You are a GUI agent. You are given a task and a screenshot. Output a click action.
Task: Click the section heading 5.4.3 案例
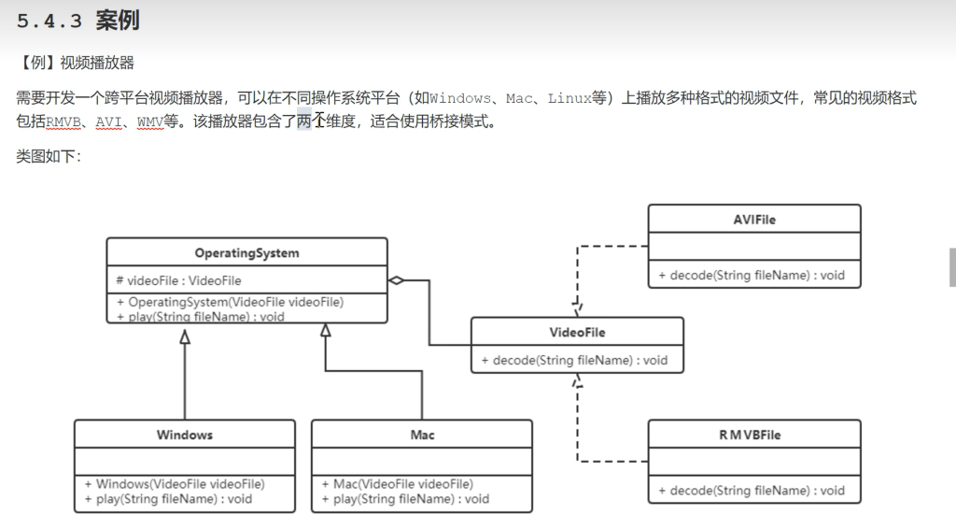pyautogui.click(x=78, y=21)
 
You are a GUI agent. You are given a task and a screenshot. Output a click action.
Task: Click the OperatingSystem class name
pyautogui.click(x=246, y=253)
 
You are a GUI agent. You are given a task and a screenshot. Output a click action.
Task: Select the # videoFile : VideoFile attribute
pyautogui.click(x=178, y=280)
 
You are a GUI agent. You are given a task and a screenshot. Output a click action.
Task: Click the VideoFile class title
pyautogui.click(x=577, y=332)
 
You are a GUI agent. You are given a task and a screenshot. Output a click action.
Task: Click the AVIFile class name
pyautogui.click(x=754, y=220)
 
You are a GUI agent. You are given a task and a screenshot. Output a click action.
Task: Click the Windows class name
pyautogui.click(x=185, y=435)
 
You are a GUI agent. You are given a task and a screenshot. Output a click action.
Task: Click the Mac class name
pyautogui.click(x=422, y=435)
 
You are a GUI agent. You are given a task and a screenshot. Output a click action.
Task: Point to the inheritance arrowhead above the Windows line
pyautogui.click(x=185, y=336)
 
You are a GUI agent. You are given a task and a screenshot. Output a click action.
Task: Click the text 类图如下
pyautogui.click(x=49, y=156)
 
